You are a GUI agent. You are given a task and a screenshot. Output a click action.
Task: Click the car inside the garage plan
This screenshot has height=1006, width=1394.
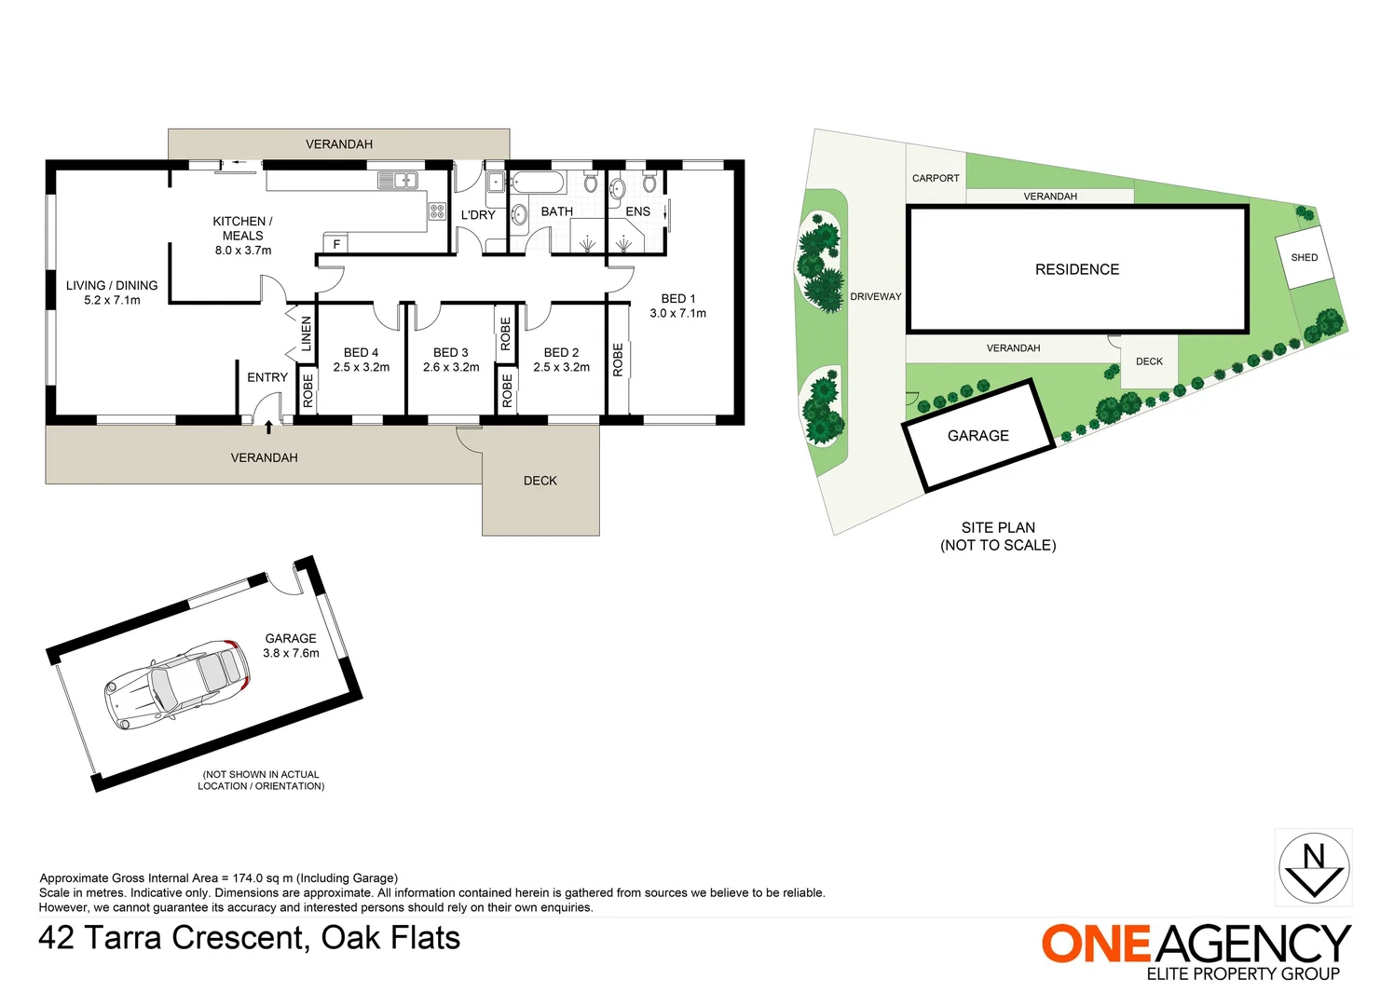tap(177, 685)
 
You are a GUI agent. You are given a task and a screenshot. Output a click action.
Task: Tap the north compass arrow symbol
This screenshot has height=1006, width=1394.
tap(1314, 868)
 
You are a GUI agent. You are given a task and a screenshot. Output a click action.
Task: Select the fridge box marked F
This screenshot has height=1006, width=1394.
tap(335, 243)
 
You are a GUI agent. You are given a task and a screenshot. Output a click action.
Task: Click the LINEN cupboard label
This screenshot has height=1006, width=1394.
tap(307, 333)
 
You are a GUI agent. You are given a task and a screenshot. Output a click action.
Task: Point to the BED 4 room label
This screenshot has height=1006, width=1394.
tap(361, 352)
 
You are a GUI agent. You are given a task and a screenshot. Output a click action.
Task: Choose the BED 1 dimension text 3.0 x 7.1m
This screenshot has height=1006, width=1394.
tap(677, 313)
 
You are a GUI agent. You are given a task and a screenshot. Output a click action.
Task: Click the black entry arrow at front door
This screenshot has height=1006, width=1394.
tap(268, 427)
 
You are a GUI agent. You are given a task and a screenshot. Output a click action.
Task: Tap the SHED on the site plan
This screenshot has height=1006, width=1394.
tap(1305, 257)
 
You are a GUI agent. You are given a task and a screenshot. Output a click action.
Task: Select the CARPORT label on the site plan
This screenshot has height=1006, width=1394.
tap(936, 178)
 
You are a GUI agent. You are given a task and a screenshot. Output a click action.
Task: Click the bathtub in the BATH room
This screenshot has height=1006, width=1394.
tap(538, 183)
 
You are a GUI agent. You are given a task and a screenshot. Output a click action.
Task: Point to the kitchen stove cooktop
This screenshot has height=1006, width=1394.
tap(437, 211)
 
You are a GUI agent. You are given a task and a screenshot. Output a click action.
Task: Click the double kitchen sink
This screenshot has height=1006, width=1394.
tap(398, 181)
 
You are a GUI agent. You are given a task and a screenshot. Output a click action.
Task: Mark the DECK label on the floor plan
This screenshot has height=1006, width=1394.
tap(540, 481)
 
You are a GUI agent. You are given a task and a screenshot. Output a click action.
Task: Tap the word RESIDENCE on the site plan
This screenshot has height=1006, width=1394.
tap(1077, 269)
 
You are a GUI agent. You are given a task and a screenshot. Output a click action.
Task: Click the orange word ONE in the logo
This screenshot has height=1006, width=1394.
tap(1097, 944)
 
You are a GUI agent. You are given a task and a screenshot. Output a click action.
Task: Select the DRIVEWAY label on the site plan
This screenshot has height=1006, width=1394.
tap(876, 297)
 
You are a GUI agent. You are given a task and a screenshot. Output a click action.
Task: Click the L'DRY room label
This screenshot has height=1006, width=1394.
tap(478, 214)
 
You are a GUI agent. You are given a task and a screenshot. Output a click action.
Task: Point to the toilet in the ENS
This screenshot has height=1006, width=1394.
tap(649, 182)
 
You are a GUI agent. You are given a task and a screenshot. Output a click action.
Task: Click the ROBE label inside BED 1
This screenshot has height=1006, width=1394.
tap(618, 360)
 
